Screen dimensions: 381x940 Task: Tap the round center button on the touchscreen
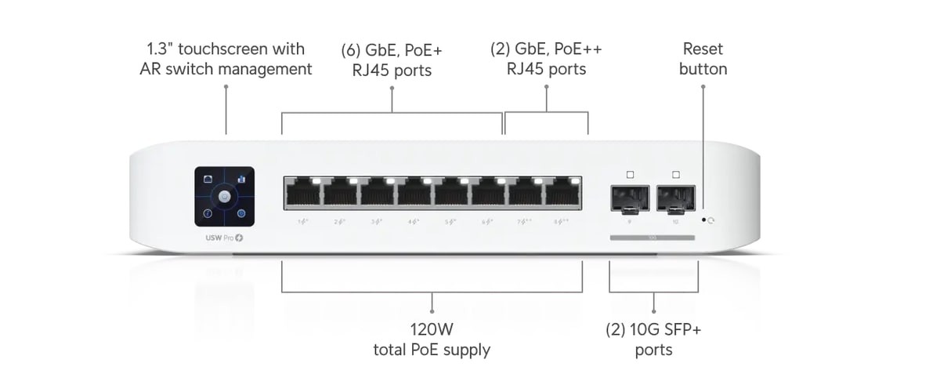point(224,196)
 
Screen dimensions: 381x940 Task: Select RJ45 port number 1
point(302,192)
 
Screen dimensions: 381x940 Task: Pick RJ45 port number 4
point(414,192)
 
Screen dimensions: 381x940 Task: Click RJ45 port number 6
point(488,192)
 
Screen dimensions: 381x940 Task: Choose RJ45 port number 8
point(562,192)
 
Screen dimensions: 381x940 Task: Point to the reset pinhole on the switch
point(703,220)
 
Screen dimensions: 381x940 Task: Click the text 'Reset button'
point(703,59)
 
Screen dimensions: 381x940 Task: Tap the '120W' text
point(432,329)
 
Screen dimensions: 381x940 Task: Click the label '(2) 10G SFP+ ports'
point(654,339)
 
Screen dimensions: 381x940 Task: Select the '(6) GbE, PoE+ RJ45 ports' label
point(392,60)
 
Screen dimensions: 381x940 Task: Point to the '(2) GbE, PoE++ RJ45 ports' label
point(546,59)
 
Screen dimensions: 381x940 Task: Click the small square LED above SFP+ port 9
point(630,173)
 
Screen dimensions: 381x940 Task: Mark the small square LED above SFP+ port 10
point(675,173)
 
